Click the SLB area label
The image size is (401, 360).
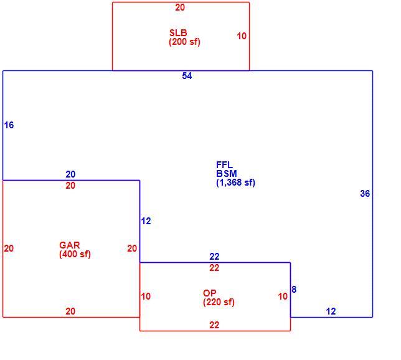pos(178,33)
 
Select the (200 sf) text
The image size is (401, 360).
pos(184,42)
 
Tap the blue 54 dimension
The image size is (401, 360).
pos(187,76)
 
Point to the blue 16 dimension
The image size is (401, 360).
pos(9,125)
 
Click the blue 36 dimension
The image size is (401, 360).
pos(365,194)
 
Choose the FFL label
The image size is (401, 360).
pos(224,164)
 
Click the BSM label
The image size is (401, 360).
pos(226,174)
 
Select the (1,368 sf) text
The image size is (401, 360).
pos(235,182)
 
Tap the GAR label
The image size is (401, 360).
pos(70,245)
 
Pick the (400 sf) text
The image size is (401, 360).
pos(75,254)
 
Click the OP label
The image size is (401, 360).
pos(209,293)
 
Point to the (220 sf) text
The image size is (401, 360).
pos(219,302)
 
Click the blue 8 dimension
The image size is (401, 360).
pos(294,290)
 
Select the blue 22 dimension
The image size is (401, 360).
pos(214,257)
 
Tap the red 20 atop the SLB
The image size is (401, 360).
pos(180,7)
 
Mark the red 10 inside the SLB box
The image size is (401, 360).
pos(242,36)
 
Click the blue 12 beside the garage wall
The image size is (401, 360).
pos(146,221)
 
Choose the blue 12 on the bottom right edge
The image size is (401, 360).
pos(331,311)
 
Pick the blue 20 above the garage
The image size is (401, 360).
pos(70,174)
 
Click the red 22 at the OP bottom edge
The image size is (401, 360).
pos(214,325)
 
